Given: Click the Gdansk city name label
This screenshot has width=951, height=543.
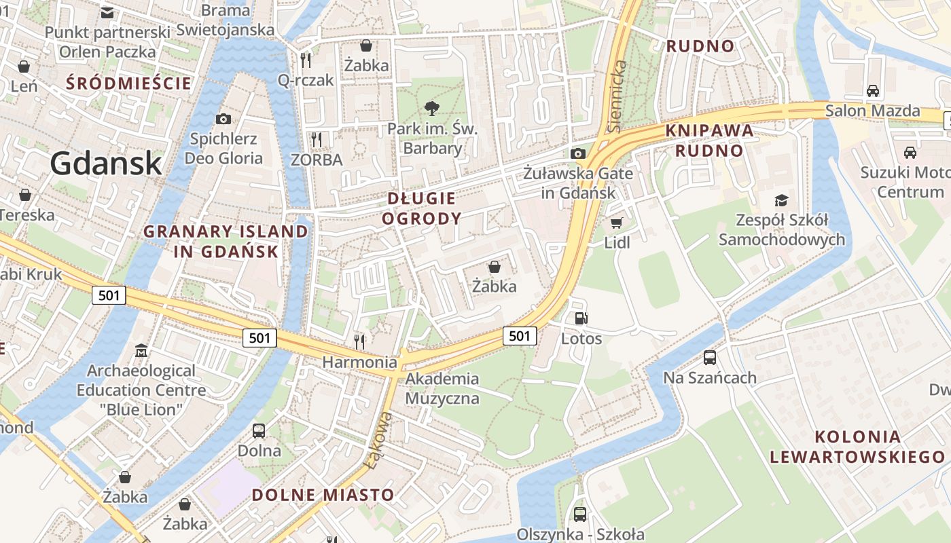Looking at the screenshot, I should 106,163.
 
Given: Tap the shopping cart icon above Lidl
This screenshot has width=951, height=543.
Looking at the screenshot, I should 617,223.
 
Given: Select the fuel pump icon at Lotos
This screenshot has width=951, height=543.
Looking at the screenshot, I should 581,318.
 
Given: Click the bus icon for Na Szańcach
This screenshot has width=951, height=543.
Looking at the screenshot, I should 710,357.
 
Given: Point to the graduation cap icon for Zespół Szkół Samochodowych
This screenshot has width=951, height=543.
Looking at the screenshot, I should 781,200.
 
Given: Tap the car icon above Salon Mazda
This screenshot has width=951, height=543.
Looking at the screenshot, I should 873,90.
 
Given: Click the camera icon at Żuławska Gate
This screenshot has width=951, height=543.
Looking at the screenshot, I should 578,153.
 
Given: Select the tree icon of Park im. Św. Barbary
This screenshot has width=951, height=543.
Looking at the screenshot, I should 431,107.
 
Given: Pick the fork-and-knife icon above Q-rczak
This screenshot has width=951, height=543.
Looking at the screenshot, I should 306,60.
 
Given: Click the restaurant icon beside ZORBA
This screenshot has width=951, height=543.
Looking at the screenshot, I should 316,140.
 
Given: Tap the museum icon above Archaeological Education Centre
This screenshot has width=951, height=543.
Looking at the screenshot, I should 141,351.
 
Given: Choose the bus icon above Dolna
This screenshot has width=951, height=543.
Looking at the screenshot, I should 259,430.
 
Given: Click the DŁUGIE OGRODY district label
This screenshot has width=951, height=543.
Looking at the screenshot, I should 421,208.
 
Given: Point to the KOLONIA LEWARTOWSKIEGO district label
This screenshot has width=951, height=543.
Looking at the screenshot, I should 857,447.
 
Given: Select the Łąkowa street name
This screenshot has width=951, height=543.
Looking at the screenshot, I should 380,441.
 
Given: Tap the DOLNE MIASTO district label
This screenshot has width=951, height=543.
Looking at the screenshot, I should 323,495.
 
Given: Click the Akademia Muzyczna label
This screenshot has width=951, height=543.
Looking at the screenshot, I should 442,388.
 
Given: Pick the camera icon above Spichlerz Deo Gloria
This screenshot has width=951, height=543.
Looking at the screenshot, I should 223,119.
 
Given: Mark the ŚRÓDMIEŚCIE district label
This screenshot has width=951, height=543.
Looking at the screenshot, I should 129,83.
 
